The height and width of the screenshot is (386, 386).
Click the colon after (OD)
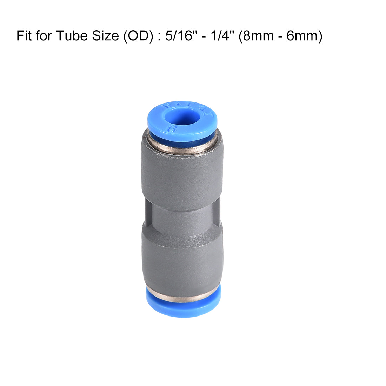tap(158, 36)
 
